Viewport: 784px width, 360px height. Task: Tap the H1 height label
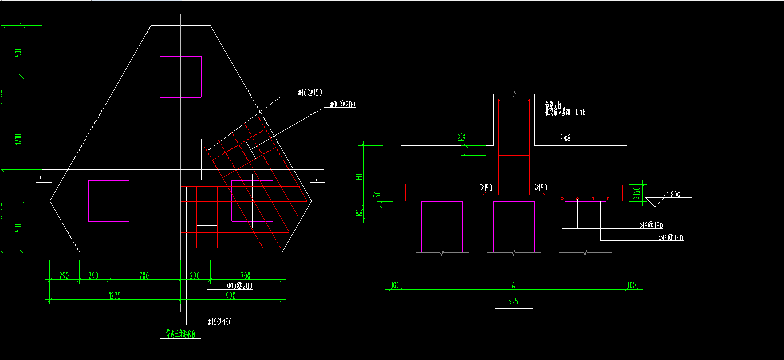(359, 177)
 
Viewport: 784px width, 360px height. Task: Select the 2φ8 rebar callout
(566, 139)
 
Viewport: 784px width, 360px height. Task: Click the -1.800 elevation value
(672, 195)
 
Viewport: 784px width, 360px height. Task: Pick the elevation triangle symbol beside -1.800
(652, 201)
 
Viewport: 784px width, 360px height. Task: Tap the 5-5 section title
(513, 302)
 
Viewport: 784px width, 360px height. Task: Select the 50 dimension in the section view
(377, 195)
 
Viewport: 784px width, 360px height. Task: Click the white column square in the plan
(180, 159)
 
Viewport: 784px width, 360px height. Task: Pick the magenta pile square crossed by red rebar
(252, 201)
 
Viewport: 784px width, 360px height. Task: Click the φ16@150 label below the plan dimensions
(220, 322)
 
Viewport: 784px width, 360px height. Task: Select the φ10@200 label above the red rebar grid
(342, 104)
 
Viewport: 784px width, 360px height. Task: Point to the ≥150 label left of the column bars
(487, 188)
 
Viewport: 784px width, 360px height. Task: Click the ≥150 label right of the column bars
(541, 188)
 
